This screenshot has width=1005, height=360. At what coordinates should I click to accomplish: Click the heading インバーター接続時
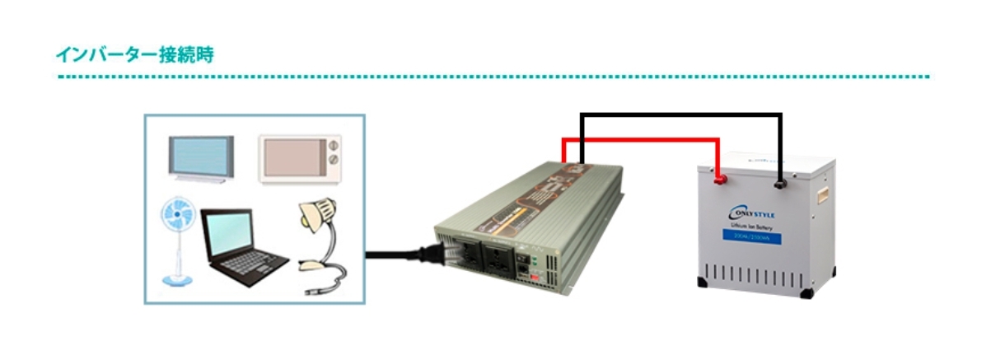136,55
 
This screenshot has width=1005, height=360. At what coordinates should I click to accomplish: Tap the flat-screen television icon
201,156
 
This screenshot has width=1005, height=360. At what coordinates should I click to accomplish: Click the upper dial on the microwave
334,148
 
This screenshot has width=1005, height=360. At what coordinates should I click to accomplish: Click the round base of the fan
175,279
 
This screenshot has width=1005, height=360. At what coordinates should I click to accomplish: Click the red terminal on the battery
718,175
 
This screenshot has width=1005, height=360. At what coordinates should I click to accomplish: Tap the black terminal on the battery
779,175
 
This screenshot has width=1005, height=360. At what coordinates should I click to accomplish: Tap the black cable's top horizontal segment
680,115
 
